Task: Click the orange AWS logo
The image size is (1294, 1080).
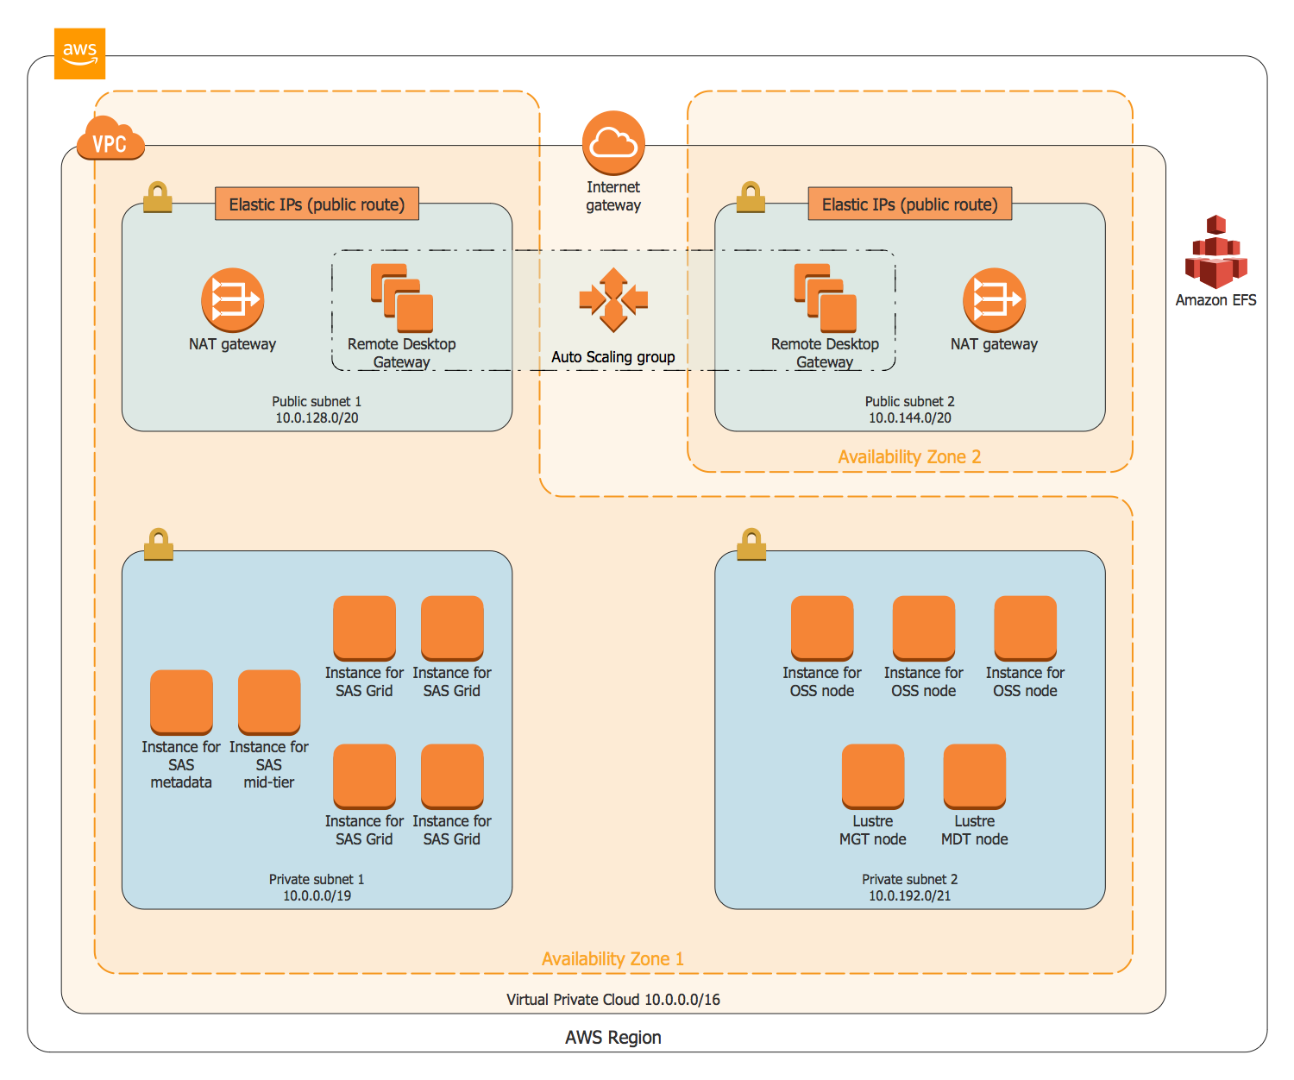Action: [79, 53]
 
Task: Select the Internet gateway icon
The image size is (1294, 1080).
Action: [612, 142]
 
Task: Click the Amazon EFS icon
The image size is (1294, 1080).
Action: [1215, 252]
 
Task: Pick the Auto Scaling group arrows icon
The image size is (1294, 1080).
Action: [612, 300]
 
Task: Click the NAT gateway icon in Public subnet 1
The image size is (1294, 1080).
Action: [232, 300]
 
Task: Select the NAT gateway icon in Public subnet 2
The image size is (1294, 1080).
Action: [994, 300]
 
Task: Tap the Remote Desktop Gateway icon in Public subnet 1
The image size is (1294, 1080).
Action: [402, 298]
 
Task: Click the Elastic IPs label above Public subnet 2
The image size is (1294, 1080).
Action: [909, 204]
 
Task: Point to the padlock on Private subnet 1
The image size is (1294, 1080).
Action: [158, 544]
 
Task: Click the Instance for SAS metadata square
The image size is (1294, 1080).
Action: [181, 702]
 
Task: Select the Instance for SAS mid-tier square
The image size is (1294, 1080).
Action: [269, 702]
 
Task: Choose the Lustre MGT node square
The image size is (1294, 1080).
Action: [872, 776]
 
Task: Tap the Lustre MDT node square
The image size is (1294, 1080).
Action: [974, 776]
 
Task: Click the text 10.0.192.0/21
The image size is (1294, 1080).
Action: [909, 895]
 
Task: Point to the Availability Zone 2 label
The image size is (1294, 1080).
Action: [909, 456]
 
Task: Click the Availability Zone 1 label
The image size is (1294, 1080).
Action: [612, 958]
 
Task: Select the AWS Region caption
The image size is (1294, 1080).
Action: [612, 1037]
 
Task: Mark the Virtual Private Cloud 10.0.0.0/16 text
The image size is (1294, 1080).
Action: [612, 1000]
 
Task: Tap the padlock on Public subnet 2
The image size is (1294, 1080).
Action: [751, 197]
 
